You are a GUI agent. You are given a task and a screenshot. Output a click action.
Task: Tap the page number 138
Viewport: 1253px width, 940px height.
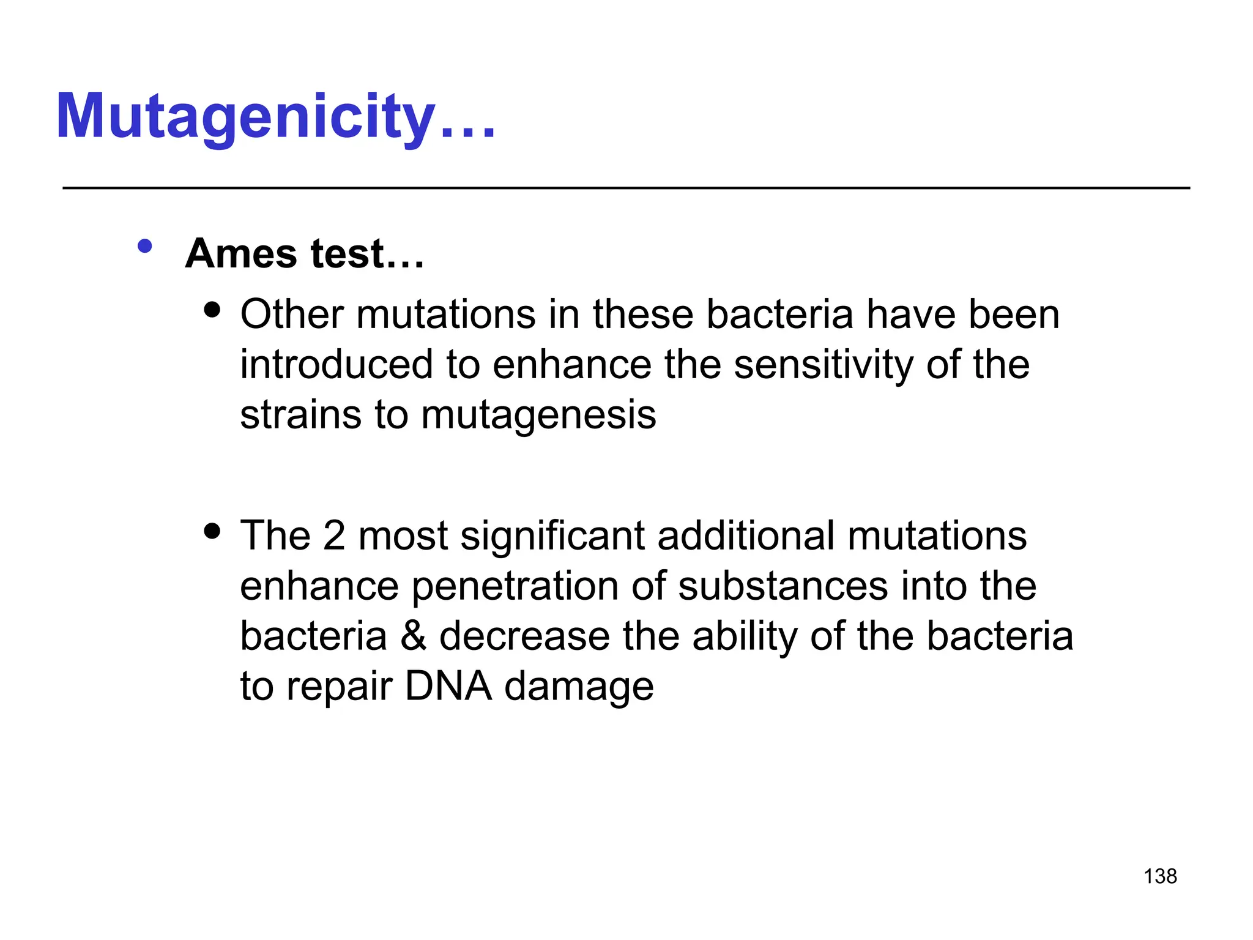(1160, 876)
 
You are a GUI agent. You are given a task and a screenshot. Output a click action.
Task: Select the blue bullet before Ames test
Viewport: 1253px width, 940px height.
(145, 247)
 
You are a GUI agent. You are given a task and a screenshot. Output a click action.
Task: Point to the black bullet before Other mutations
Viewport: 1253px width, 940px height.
(212, 309)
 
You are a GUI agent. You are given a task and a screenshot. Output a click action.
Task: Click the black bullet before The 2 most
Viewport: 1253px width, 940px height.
(212, 531)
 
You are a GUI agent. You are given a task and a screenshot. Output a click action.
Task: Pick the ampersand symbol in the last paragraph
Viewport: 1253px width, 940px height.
(413, 636)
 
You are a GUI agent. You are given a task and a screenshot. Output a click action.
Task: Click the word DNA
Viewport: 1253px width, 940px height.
(448, 686)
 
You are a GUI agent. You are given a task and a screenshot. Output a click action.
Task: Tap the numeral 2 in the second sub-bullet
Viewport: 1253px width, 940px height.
(334, 535)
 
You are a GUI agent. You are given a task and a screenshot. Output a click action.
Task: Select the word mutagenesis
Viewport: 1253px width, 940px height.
(538, 416)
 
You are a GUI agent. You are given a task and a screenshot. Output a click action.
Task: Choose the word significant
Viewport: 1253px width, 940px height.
(552, 536)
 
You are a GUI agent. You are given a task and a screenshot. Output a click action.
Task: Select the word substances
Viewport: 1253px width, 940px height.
(783, 586)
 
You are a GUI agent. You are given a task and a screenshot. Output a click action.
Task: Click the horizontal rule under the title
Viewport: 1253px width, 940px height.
(626, 188)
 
